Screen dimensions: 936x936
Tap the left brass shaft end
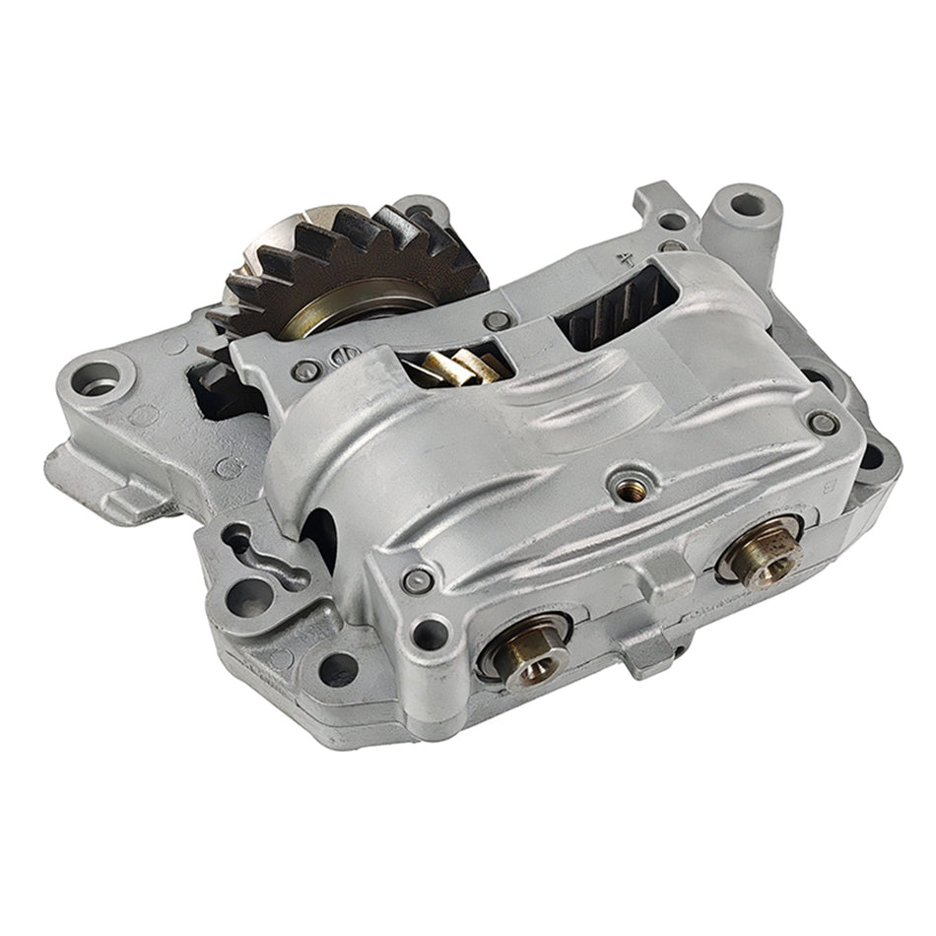(x=524, y=656)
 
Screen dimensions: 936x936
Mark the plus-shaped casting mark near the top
(x=624, y=263)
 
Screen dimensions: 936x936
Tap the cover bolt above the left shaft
(x=418, y=578)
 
